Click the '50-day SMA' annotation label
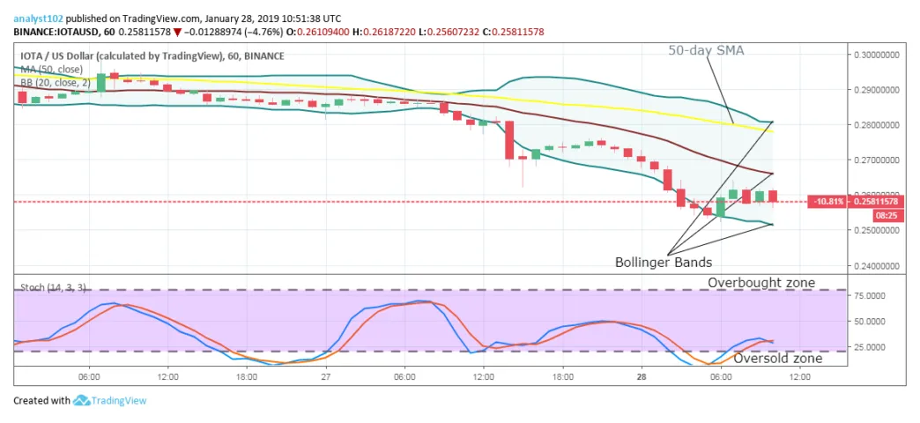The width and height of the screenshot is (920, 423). coord(705,50)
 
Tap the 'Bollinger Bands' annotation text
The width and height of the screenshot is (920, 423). coord(663,262)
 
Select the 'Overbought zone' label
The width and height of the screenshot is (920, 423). coord(761,283)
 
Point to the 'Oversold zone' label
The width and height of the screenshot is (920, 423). coord(778,358)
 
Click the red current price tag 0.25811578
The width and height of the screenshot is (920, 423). coord(882,202)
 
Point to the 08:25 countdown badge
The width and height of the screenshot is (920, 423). coord(885,216)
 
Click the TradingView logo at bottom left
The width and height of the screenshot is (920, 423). coord(110,401)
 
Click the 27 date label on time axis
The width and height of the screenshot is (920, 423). coord(325,376)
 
